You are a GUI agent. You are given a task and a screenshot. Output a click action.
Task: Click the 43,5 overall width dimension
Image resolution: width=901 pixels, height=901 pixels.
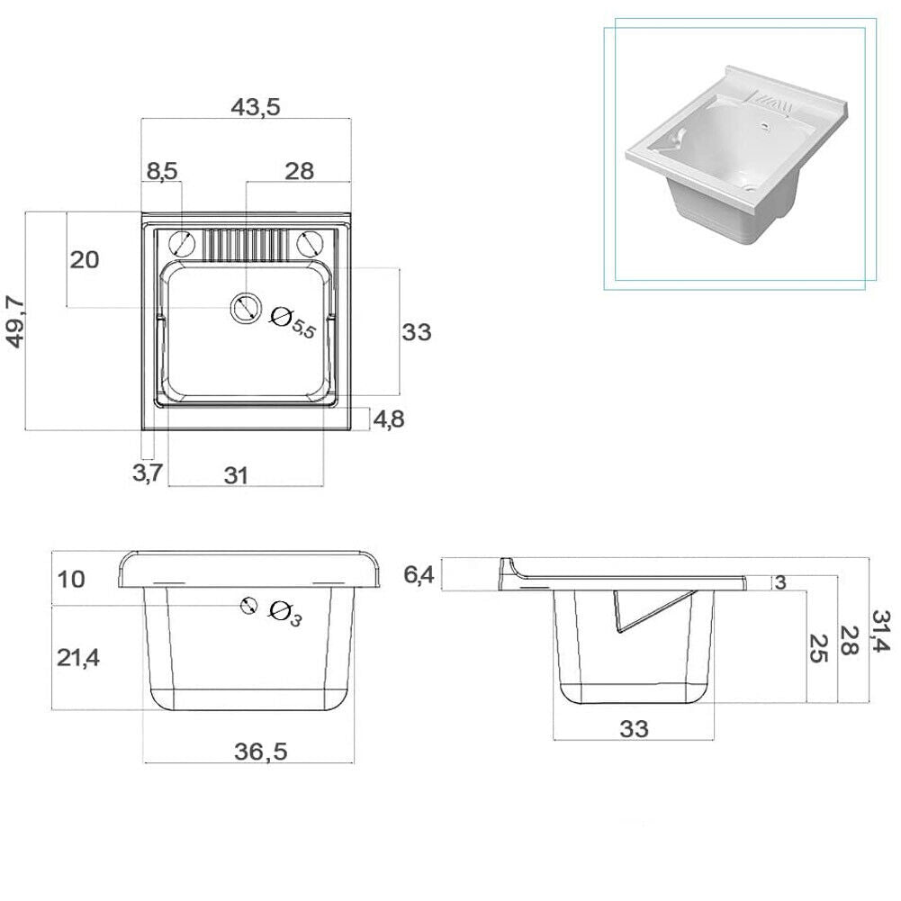[256, 106]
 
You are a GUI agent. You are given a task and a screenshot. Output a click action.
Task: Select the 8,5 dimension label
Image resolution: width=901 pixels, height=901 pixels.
[162, 171]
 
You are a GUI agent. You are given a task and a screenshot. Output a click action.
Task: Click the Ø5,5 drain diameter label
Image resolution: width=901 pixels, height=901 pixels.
[294, 321]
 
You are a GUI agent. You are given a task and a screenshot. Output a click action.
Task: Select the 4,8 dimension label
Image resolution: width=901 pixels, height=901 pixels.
[389, 420]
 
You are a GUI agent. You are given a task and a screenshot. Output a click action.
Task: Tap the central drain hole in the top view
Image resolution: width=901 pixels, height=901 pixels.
[243, 309]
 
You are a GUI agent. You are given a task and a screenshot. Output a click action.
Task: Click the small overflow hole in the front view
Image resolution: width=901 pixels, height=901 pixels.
[248, 606]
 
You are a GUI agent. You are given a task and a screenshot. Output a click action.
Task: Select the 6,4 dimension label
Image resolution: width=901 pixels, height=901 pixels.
[419, 574]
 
